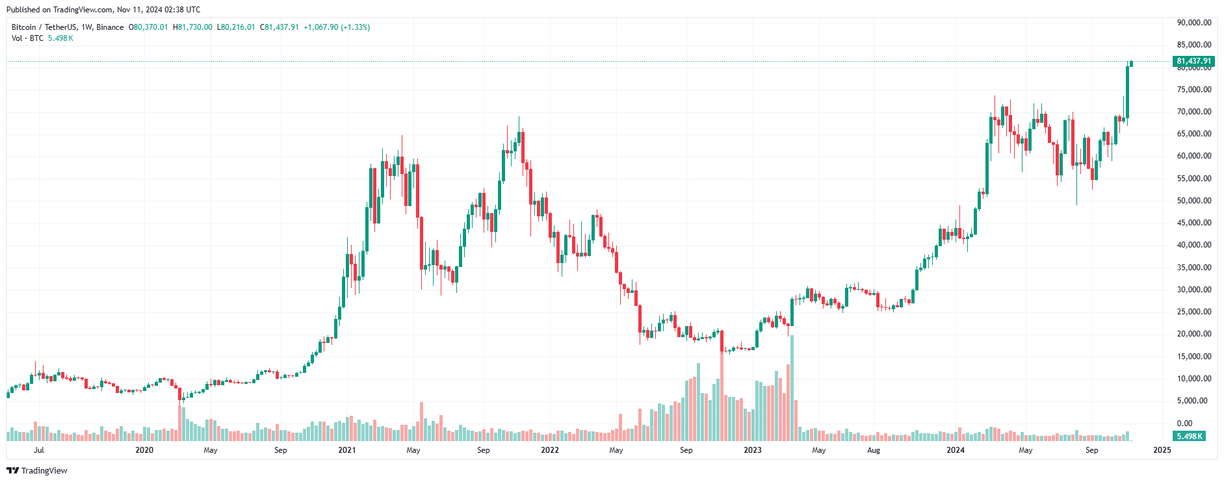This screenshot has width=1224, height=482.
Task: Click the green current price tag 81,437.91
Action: click(1193, 61)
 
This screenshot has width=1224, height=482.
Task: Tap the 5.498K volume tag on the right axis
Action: click(1189, 437)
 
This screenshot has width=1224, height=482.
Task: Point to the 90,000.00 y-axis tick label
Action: click(1193, 23)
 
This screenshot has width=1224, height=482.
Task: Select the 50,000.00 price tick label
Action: click(1193, 201)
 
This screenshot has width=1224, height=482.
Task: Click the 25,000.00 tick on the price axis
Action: click(1193, 312)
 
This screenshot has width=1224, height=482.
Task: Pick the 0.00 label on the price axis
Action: click(1184, 424)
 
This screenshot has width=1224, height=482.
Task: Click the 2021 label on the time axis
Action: click(347, 450)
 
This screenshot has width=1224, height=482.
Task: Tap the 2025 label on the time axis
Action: click(1162, 450)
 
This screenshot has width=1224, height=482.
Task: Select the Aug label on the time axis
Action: click(874, 450)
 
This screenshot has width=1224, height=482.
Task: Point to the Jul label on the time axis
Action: click(39, 450)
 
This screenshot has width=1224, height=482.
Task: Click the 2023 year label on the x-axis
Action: click(752, 450)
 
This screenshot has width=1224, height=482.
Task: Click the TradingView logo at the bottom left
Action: click(37, 470)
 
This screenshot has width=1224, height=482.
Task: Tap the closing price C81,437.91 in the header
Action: click(280, 27)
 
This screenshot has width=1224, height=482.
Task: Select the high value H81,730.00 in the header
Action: click(192, 27)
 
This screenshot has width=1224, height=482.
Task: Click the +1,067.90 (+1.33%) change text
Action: click(337, 27)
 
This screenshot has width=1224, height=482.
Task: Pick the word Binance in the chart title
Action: click(110, 27)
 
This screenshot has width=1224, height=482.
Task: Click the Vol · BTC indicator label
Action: click(27, 38)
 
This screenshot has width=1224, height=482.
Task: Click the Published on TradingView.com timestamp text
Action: click(103, 10)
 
